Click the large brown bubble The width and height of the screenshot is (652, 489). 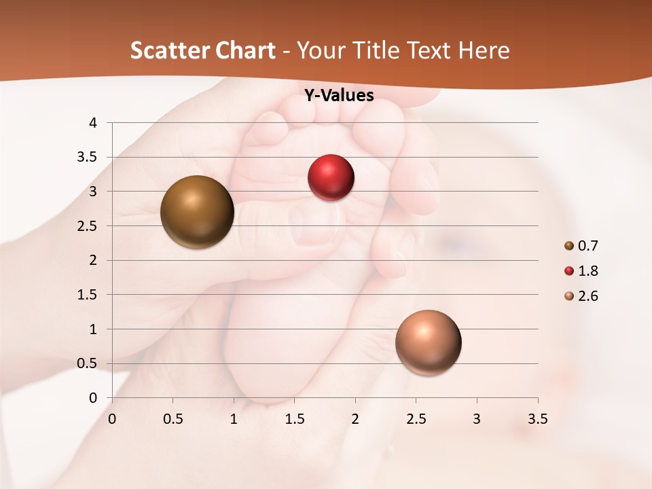[197, 212]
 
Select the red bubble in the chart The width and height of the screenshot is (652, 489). [331, 178]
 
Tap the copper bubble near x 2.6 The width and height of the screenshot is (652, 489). [428, 342]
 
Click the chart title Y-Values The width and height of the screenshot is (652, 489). [339, 96]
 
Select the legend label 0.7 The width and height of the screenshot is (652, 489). [587, 246]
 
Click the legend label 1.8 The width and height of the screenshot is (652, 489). [587, 271]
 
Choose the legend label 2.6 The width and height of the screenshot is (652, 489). [587, 296]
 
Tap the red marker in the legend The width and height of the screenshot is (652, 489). [569, 271]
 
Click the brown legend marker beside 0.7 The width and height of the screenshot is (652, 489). [569, 246]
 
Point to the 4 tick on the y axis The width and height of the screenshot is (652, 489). [94, 123]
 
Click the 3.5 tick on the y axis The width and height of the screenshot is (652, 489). [89, 158]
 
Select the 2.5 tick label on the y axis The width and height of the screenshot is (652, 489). [89, 226]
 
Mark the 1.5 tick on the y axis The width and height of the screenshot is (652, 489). [89, 295]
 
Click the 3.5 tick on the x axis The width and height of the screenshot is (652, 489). [537, 419]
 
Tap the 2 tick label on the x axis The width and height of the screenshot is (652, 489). [355, 419]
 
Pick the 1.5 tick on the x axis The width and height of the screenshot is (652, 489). [294, 419]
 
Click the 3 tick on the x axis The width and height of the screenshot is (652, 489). [477, 419]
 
